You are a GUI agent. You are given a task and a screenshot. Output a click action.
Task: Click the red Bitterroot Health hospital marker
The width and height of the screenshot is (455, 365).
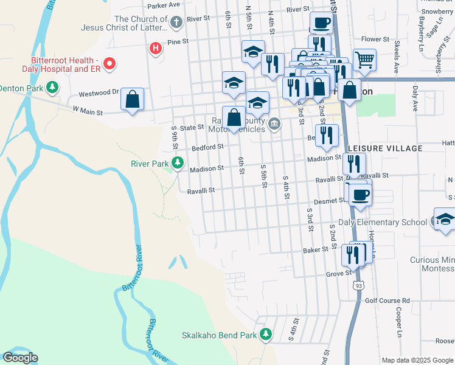pos(109,63)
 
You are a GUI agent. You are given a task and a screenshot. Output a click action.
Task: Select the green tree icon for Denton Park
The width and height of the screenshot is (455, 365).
pos(53,88)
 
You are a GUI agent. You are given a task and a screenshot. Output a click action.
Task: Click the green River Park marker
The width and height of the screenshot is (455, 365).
pos(178,163)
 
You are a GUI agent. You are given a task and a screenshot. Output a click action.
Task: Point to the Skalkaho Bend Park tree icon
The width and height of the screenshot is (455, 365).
pos(265,334)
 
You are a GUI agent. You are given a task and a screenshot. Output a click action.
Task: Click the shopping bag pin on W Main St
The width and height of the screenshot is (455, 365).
pos(133,99)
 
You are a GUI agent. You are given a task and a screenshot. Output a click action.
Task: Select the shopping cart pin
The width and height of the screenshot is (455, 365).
pos(364,60)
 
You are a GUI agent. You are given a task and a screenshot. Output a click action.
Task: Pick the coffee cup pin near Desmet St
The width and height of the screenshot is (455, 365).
pos(361,195)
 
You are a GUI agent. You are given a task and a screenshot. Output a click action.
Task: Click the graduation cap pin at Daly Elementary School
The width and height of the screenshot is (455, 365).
pos(445,220)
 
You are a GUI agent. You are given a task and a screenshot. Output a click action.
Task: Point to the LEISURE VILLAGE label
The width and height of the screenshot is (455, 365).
pos(385,148)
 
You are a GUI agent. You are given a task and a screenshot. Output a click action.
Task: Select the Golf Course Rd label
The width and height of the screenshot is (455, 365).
pos(387,301)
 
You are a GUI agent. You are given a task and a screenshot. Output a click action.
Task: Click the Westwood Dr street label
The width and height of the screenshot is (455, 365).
pos(98,94)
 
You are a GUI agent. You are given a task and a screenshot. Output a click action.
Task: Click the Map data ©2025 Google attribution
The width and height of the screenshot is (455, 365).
pos(417,360)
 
